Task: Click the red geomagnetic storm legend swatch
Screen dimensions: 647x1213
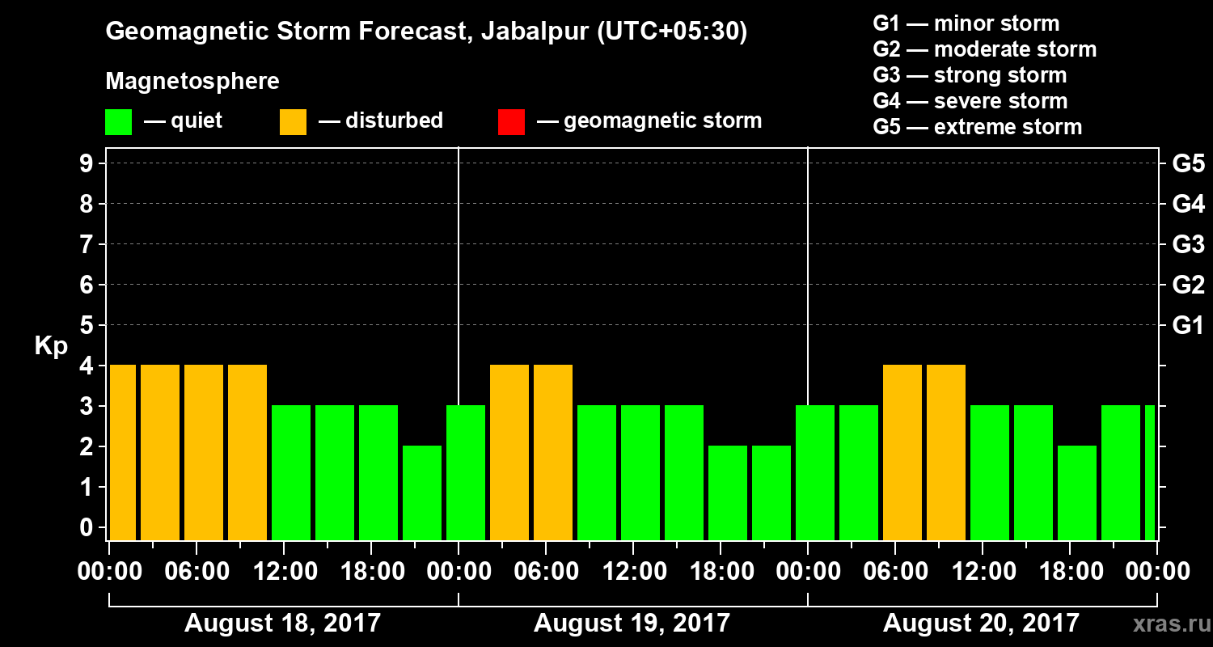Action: click(x=511, y=121)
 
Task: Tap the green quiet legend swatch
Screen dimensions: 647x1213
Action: click(x=118, y=121)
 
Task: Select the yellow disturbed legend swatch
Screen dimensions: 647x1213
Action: click(x=293, y=121)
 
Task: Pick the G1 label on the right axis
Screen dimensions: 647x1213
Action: click(x=1188, y=326)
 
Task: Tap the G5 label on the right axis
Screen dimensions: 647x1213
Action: click(x=1188, y=164)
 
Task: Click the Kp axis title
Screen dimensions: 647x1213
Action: click(x=50, y=345)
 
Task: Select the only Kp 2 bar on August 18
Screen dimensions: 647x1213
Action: click(x=422, y=493)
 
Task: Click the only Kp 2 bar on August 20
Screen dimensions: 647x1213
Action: click(x=1077, y=493)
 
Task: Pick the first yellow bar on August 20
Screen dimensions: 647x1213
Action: click(x=902, y=452)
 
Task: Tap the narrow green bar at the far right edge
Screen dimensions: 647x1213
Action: click(x=1150, y=472)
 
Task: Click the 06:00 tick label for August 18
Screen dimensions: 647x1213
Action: click(x=197, y=572)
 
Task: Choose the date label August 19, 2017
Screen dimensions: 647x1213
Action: click(x=632, y=623)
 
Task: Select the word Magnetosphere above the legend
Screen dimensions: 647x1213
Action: click(x=192, y=82)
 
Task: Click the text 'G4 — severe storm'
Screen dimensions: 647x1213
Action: click(x=970, y=101)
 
